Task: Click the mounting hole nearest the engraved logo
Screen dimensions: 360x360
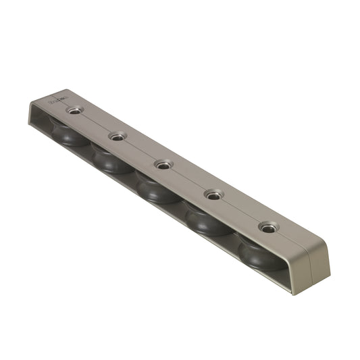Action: pos(74,110)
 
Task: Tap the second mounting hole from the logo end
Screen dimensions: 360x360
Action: pos(118,137)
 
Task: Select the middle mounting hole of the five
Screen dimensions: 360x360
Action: pos(163,164)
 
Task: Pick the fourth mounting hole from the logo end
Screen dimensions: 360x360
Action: pos(214,195)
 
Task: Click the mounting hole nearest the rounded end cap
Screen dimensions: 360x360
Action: pos(269,228)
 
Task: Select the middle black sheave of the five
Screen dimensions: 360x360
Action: pos(157,188)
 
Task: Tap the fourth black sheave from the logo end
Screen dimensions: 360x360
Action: pos(207,221)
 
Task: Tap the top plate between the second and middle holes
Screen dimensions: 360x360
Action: pos(140,151)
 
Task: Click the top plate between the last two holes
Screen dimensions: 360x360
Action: pos(241,211)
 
